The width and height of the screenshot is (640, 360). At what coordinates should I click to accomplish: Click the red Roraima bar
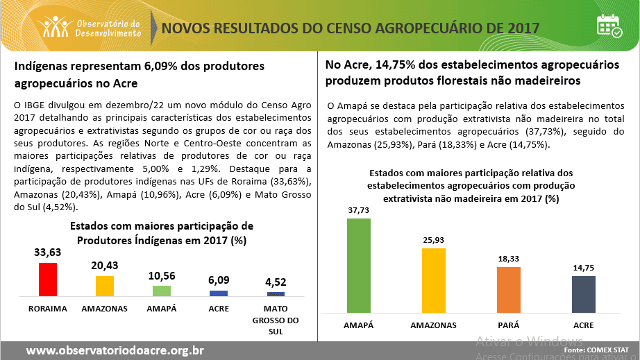tap(47, 280)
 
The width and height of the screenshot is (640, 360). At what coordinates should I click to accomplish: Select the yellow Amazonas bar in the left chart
tap(104, 286)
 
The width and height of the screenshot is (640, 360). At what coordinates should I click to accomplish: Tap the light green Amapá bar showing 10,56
tap(161, 291)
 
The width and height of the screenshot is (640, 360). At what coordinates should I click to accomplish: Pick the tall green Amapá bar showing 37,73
tap(359, 266)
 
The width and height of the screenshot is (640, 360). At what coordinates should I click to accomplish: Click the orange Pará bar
tap(508, 290)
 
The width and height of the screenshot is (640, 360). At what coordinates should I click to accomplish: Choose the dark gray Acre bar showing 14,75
tap(583, 295)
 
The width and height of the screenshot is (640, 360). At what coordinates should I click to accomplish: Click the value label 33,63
tap(48, 252)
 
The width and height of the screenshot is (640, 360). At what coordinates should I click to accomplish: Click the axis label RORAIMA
tap(48, 308)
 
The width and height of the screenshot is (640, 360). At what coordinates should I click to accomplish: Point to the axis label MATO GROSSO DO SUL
tap(276, 320)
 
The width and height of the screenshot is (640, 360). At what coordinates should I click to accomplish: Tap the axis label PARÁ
tap(508, 325)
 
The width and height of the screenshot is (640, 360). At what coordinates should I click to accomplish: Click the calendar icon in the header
tap(609, 27)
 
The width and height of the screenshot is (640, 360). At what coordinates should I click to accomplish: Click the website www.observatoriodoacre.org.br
tap(115, 350)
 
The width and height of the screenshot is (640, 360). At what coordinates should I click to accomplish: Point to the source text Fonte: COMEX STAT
tap(596, 351)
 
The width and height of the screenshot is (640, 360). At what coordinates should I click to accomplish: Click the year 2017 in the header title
tap(523, 28)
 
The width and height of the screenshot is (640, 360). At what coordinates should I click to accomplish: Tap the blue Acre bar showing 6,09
tap(219, 293)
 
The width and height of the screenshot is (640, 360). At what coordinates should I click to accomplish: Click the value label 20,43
tap(104, 266)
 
